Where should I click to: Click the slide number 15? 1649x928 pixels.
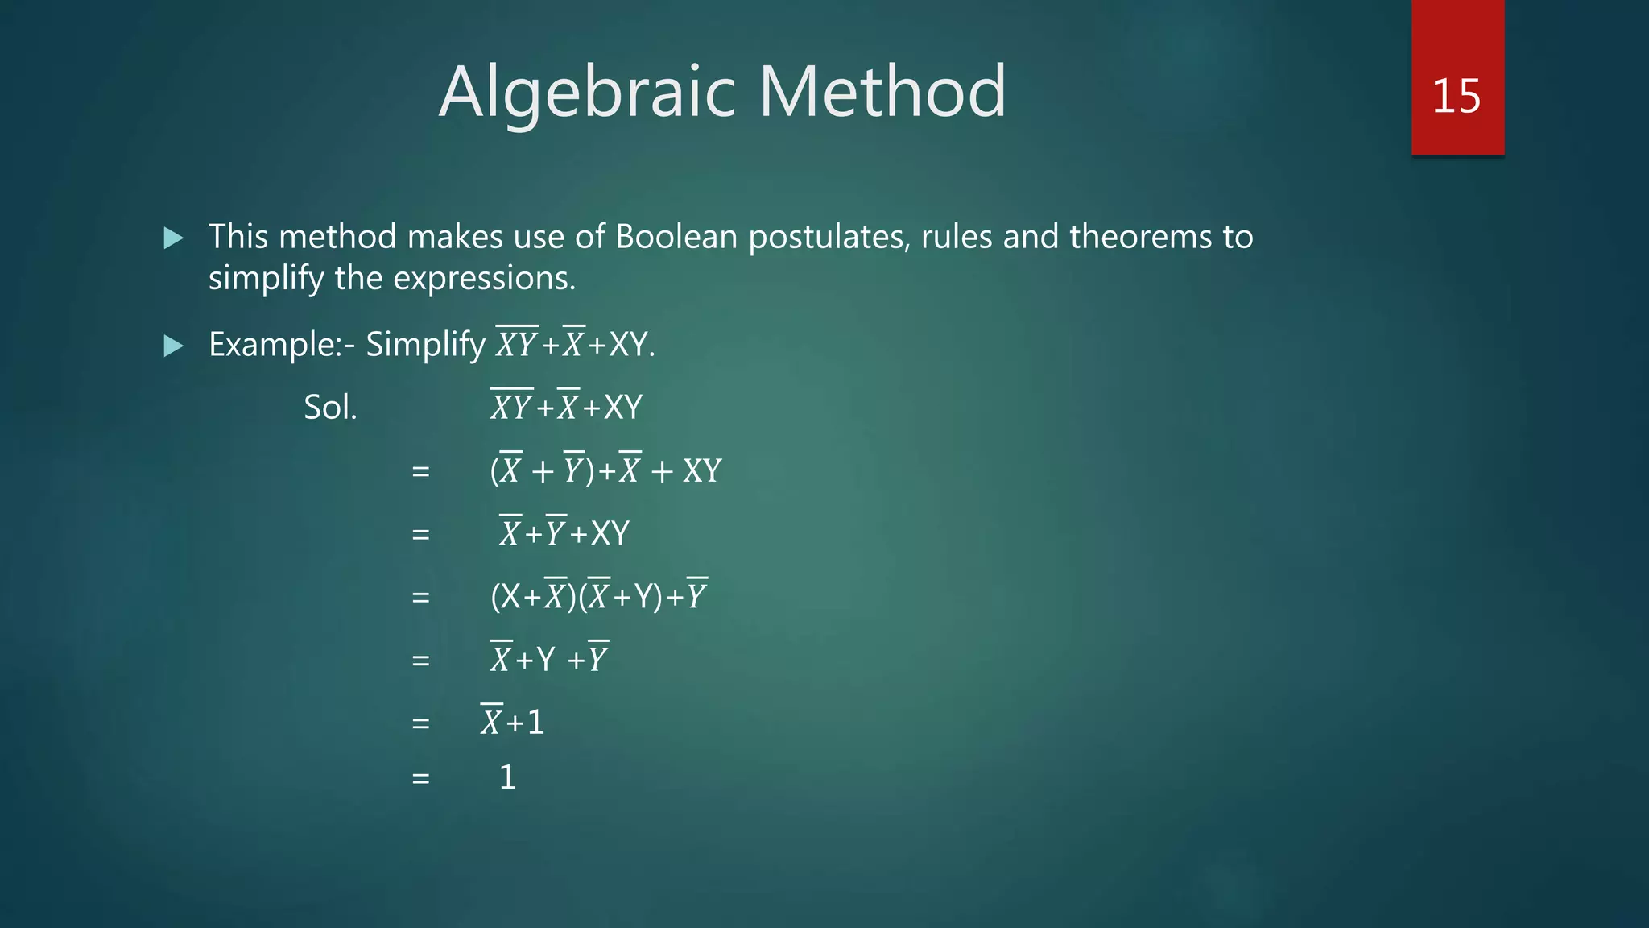[x=1456, y=96]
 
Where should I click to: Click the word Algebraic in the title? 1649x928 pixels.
[x=585, y=93]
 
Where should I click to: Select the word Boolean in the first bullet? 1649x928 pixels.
[x=676, y=237]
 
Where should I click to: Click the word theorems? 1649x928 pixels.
[x=1141, y=237]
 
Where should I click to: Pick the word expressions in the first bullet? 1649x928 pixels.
[x=484, y=279]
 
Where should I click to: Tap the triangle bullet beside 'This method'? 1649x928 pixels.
[x=173, y=238]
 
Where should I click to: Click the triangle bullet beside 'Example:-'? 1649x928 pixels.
[x=173, y=346]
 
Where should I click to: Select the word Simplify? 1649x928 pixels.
[x=425, y=346]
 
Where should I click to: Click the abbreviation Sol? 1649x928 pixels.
[x=330, y=408]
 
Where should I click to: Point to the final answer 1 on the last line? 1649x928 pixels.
[x=507, y=777]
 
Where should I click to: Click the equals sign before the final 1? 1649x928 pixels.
[x=420, y=779]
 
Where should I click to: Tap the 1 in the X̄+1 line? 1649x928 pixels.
[x=535, y=723]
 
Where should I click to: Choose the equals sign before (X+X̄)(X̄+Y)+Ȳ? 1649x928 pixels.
[x=420, y=598]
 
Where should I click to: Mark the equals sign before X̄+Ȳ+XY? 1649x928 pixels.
[x=420, y=535]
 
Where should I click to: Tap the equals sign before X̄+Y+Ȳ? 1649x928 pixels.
[x=420, y=661]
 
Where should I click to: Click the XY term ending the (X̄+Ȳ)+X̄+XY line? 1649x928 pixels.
[x=702, y=471]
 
